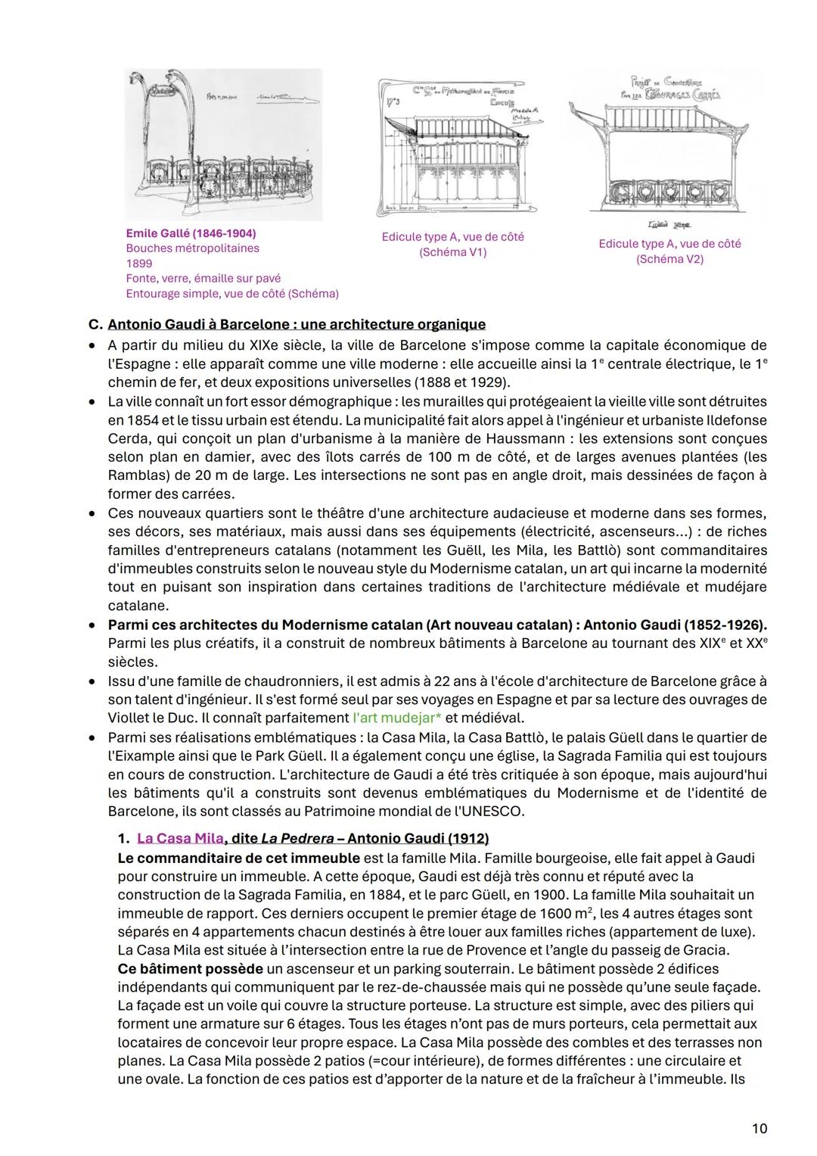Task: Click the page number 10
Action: [x=760, y=1128]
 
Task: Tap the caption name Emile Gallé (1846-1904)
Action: [x=191, y=233]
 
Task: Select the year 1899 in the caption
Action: [x=138, y=263]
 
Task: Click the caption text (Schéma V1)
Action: [x=452, y=252]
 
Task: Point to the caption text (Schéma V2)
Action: [x=669, y=259]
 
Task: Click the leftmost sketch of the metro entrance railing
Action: [x=223, y=144]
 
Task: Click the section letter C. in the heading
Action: [x=95, y=325]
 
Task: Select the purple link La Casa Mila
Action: [x=180, y=838]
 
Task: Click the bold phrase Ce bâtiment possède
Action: [x=190, y=968]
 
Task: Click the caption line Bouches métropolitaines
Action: [x=192, y=248]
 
